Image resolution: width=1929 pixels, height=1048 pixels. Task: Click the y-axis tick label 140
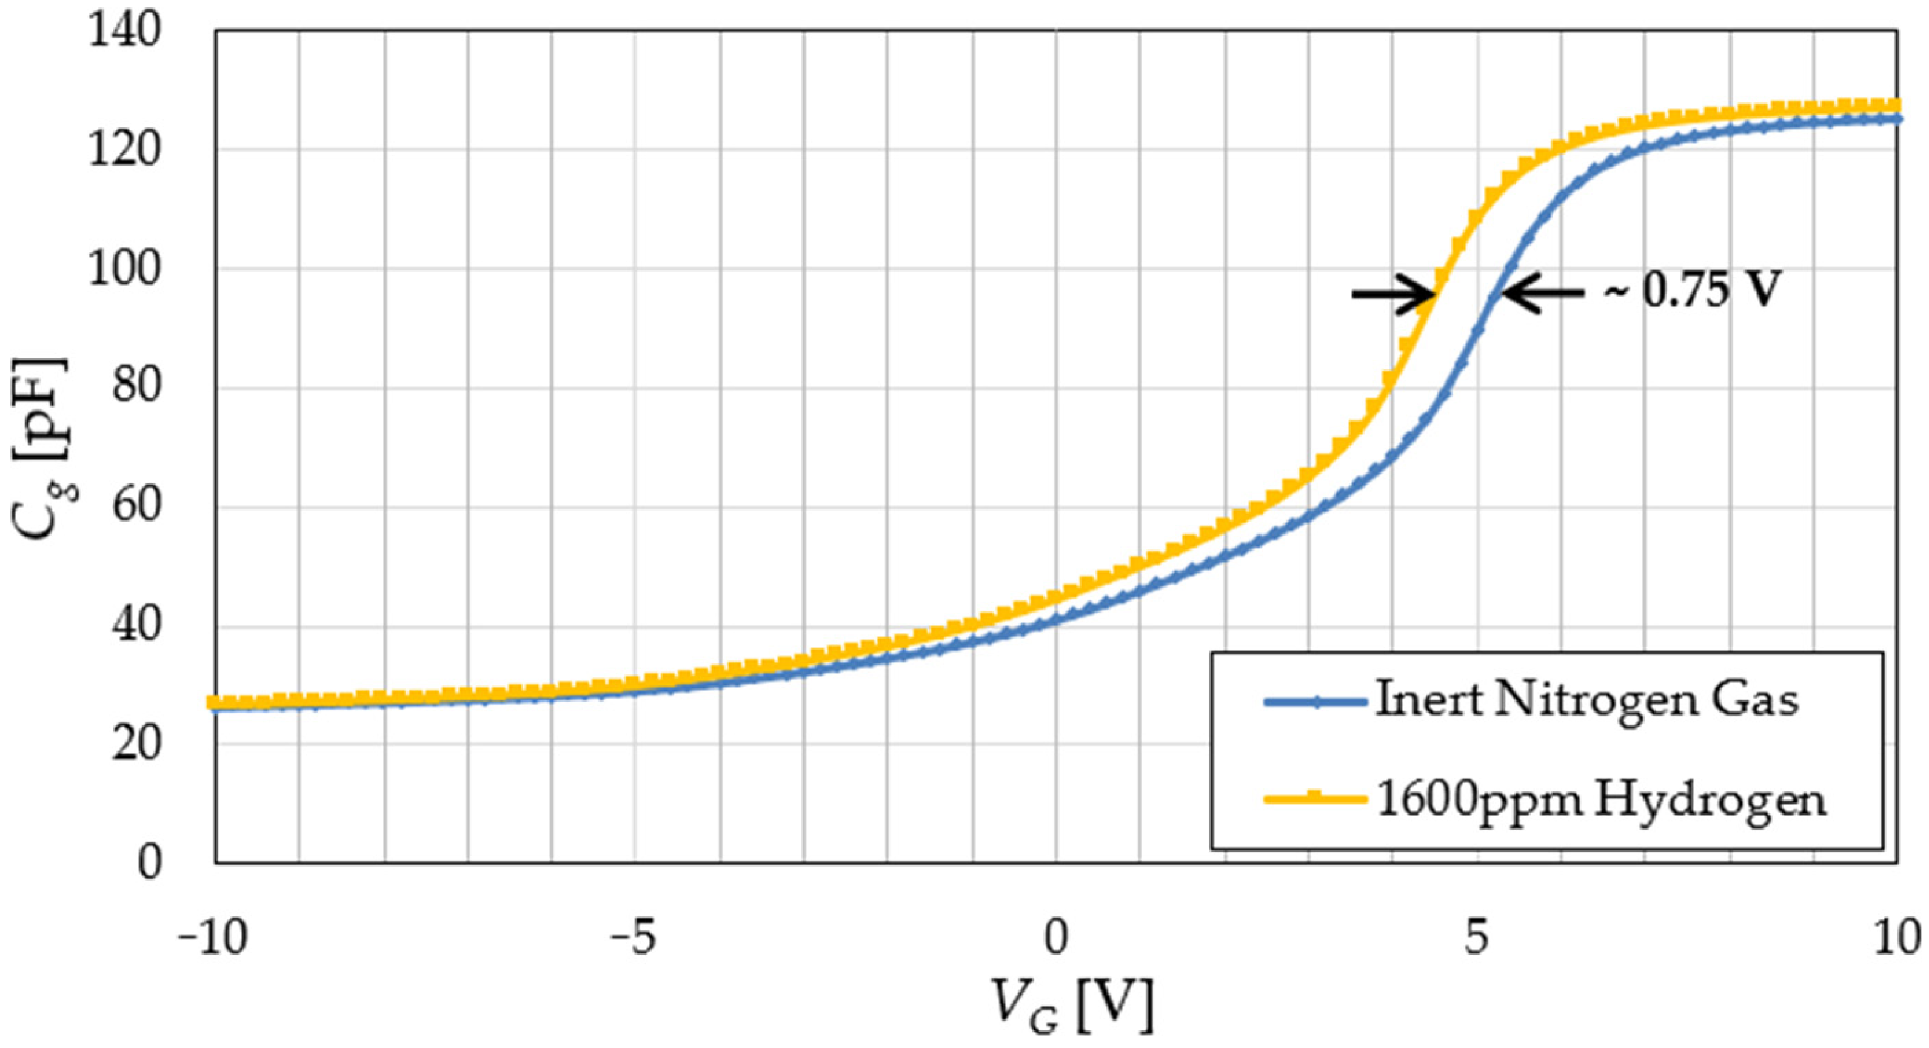pos(124,32)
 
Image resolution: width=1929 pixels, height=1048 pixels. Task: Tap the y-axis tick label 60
pos(136,507)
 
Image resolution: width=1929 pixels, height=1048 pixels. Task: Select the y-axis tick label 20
pos(136,745)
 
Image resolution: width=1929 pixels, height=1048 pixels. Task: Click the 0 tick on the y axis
pos(149,863)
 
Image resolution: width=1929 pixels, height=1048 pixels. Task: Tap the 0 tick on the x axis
pos(1056,939)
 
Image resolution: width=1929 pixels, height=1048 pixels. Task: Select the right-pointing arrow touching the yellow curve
pos(1393,294)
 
